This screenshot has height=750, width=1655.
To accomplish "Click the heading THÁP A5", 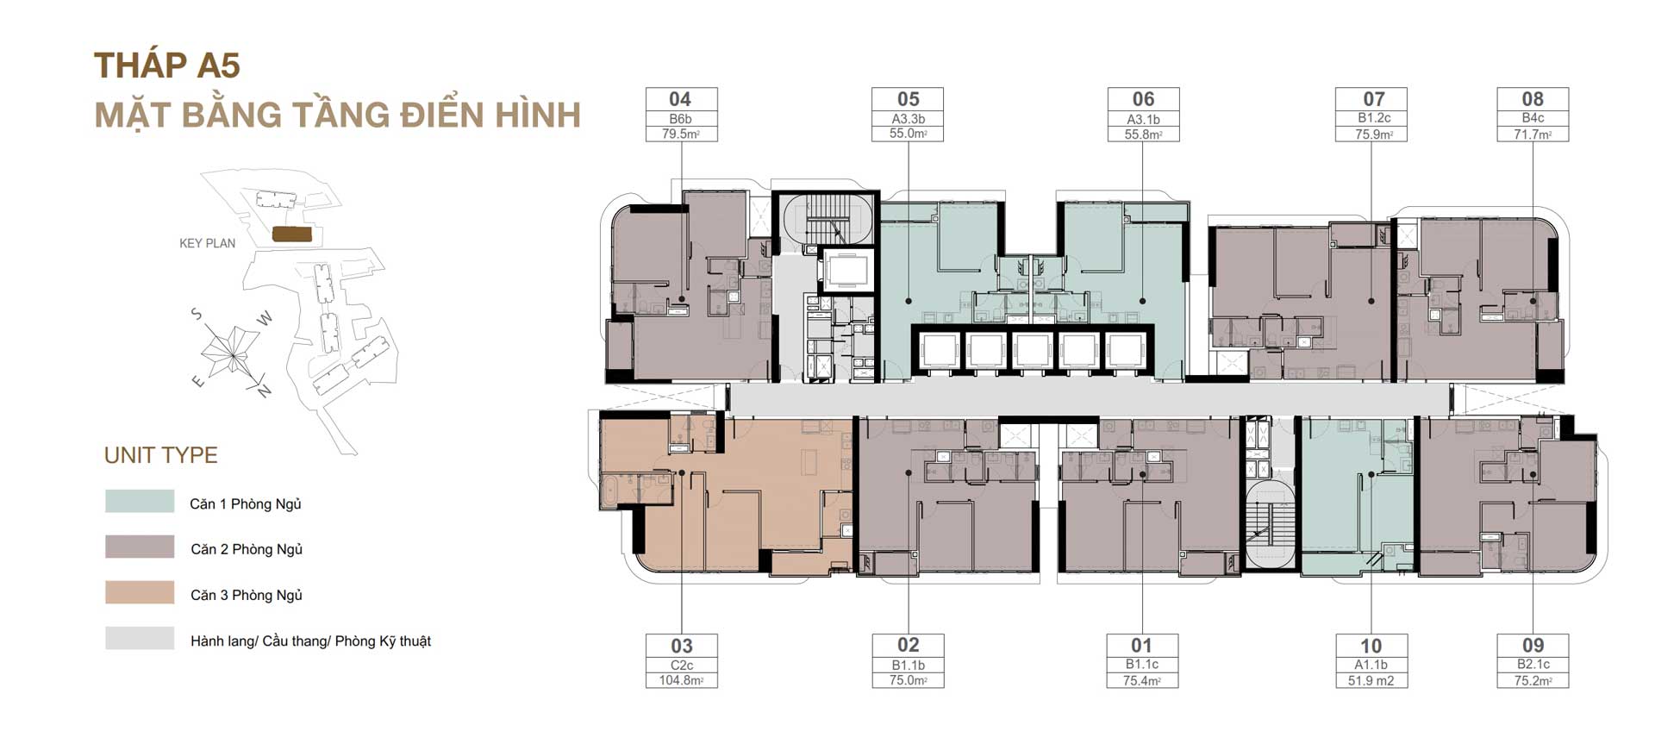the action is coord(167,66).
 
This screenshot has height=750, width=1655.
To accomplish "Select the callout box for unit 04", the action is coord(681,115).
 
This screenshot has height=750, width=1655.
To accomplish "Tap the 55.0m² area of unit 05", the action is coord(908,134).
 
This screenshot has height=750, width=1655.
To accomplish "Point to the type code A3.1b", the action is coord(1143,119).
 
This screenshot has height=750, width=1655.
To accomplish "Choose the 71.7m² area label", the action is coord(1533,134).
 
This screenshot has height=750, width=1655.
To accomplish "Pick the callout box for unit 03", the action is coord(681,661).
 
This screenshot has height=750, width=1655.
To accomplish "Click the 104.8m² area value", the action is coord(681,680).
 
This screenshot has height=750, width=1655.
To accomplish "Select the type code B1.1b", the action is coord(908,665).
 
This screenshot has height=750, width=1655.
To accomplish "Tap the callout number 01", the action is coord(1141,646).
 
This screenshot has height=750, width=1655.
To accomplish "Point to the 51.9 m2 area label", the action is coord(1371,680).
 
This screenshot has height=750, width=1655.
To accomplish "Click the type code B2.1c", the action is coord(1533,664).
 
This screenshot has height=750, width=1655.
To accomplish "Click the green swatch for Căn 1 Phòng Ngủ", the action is coord(140,502).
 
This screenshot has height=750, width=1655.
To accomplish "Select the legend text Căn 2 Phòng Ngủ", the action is coord(247,549).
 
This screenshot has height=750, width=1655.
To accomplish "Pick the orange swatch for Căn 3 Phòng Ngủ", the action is coord(140,592).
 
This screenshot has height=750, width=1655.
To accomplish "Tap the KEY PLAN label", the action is coord(207,243).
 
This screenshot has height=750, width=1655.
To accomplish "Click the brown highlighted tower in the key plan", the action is coord(291,234).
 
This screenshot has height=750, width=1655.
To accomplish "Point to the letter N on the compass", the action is coord(264,391).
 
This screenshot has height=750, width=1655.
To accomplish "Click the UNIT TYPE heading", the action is coord(161,455).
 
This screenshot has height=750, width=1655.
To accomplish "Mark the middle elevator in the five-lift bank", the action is coord(1032,351).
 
